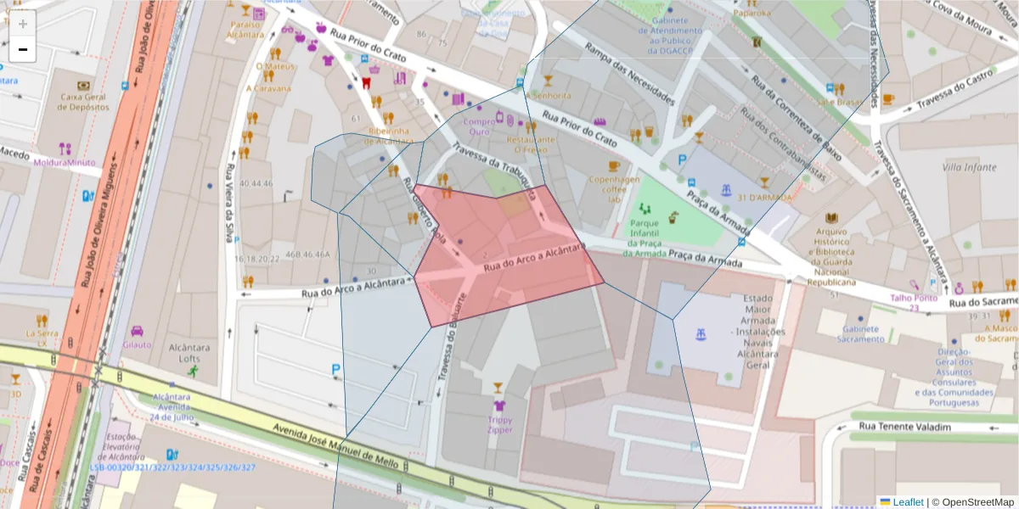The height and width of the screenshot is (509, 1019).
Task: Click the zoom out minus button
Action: pos(23,50)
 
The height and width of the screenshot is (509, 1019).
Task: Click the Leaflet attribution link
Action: pos(907,502)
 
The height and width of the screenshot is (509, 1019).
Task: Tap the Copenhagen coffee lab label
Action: pos(614,188)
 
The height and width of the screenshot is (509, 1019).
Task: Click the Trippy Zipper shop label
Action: pos(499,424)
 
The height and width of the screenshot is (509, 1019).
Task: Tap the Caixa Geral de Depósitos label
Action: pos(84,102)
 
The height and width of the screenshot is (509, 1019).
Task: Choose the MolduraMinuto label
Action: pos(65,161)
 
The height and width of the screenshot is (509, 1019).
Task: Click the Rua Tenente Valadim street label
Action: pos(904,427)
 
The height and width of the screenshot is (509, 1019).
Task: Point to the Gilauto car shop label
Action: pos(137,344)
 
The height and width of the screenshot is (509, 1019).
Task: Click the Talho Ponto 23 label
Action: pos(914,302)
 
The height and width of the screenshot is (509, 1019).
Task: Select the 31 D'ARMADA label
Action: pos(764,198)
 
